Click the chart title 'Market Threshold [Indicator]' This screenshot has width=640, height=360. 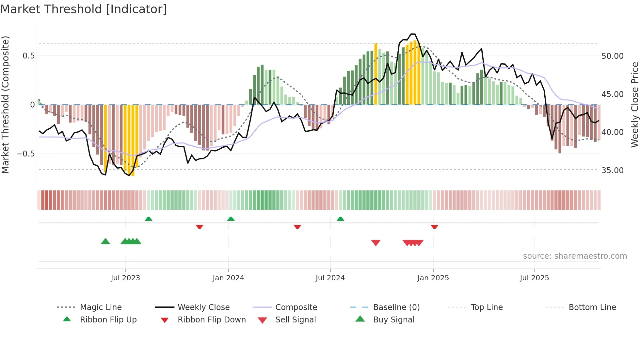pyautogui.click(x=84, y=9)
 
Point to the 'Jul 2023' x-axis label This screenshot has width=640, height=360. pyautogui.click(x=125, y=278)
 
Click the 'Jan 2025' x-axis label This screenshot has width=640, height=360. pyautogui.click(x=433, y=278)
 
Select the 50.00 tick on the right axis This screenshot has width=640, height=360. pyautogui.click(x=612, y=56)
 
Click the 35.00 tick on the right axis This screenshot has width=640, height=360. pyautogui.click(x=612, y=171)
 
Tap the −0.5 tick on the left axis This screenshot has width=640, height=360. pyautogui.click(x=26, y=154)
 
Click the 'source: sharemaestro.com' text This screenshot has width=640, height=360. pyautogui.click(x=575, y=256)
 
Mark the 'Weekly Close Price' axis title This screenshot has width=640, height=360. pyautogui.click(x=634, y=105)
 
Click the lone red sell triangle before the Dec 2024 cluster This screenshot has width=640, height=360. pyautogui.click(x=376, y=243)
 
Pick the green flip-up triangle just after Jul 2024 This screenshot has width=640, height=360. pyautogui.click(x=341, y=219)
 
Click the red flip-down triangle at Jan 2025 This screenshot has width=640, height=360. pyautogui.click(x=434, y=227)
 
